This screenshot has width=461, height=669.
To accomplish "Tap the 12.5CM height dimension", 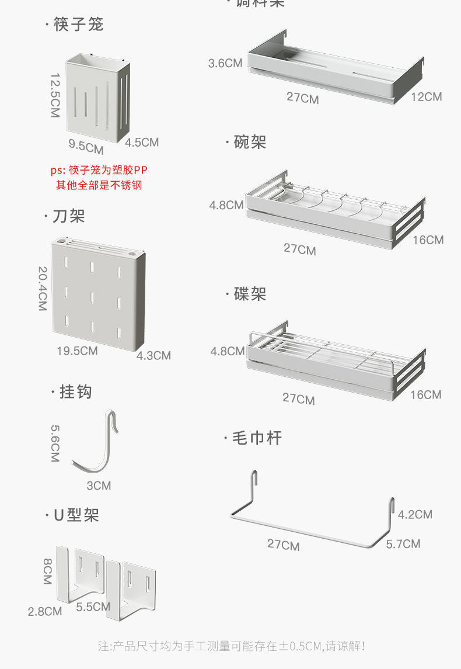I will (x=55, y=95).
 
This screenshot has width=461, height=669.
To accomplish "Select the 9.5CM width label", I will (x=86, y=147).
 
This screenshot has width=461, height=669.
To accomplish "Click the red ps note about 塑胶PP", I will (x=99, y=178).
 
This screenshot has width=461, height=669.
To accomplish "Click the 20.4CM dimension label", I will (x=43, y=289).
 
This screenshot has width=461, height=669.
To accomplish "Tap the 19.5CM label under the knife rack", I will (x=77, y=351).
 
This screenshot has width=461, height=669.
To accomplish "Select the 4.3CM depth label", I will (x=153, y=355).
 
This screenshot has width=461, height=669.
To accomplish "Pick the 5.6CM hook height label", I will (x=55, y=443).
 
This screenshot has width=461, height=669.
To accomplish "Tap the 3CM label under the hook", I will (x=99, y=486).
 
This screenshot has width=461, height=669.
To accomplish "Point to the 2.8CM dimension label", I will (x=45, y=611).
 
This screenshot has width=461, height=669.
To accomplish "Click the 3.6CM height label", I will (x=225, y=63).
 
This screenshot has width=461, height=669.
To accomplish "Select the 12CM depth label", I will (x=426, y=96).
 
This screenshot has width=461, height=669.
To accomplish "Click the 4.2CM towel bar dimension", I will (x=415, y=514).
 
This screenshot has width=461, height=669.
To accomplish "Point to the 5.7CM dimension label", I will (x=403, y=544).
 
